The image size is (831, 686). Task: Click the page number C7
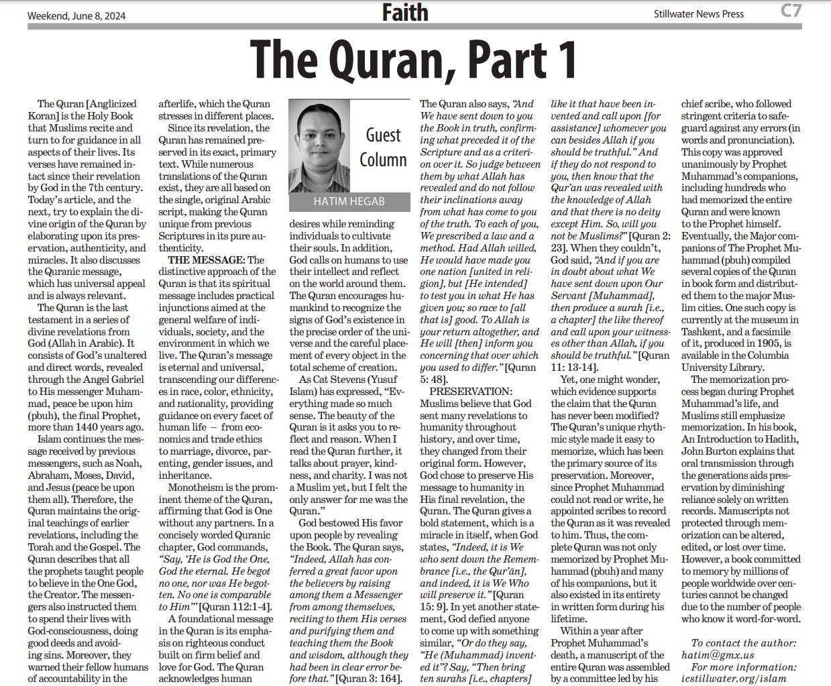click(791, 11)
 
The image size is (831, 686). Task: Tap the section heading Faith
click(404, 13)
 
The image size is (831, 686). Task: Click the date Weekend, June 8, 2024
click(76, 15)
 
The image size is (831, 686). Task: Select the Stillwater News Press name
click(698, 13)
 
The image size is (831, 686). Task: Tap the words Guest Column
click(383, 148)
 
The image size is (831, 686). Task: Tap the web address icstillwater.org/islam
click(739, 679)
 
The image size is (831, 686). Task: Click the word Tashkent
click(704, 331)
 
